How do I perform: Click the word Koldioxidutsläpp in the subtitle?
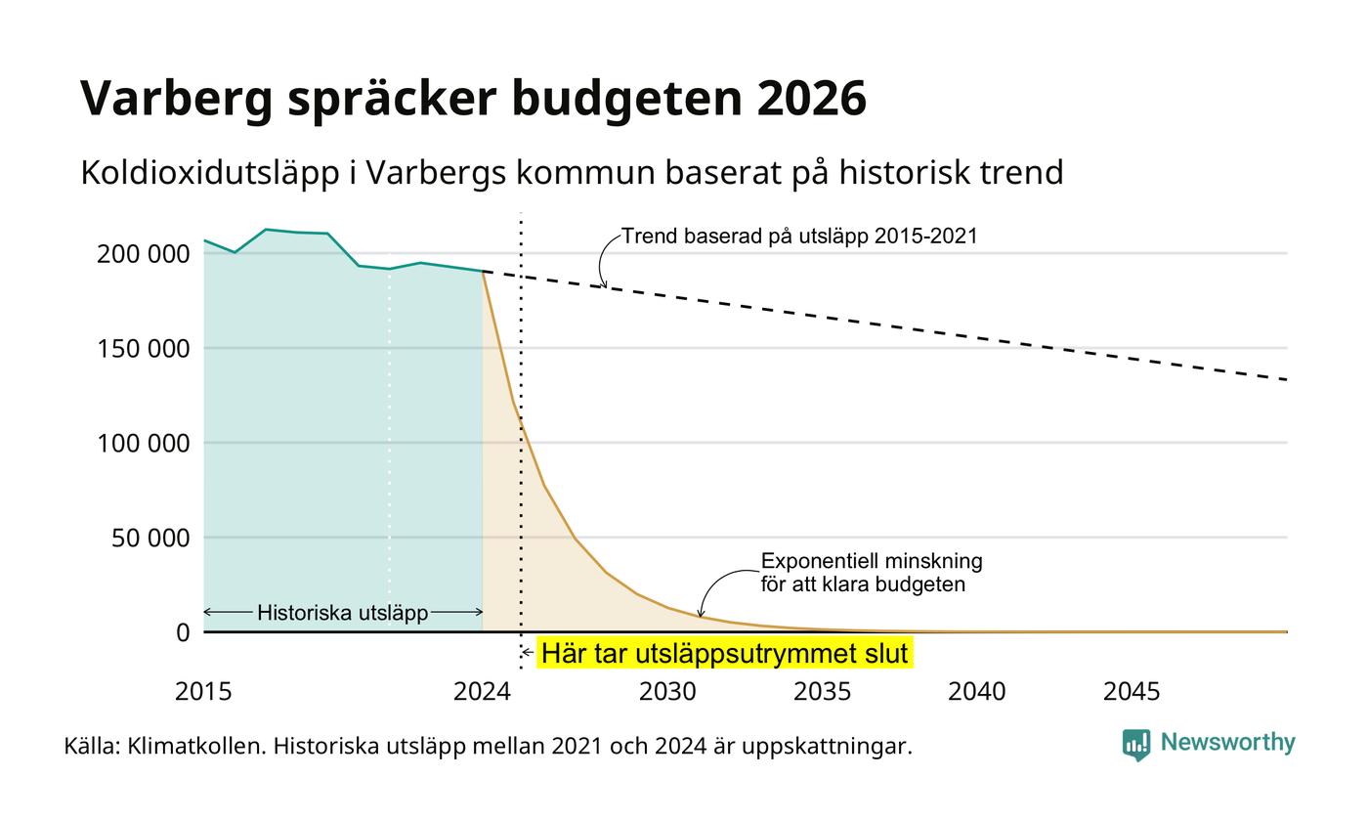coord(209,173)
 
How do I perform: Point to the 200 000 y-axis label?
coord(143,254)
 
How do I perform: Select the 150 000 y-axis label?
coord(143,349)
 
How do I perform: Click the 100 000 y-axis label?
coord(143,444)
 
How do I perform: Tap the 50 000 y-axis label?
coord(150,539)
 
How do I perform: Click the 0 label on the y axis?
coord(183,633)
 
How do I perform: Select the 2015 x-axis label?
coord(203,692)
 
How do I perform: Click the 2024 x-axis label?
coord(482,692)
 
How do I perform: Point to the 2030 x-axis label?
coord(667,692)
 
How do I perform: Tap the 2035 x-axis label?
coord(822,692)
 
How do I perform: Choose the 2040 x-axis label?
coord(976,692)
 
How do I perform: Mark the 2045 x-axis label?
coord(1132,692)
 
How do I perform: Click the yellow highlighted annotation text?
coord(724,653)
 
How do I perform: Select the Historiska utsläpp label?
coord(343,613)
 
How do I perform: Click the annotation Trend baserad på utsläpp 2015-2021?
coord(799,236)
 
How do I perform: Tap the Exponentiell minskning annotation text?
coord(872,561)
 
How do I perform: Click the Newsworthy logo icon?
coord(1135,745)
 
